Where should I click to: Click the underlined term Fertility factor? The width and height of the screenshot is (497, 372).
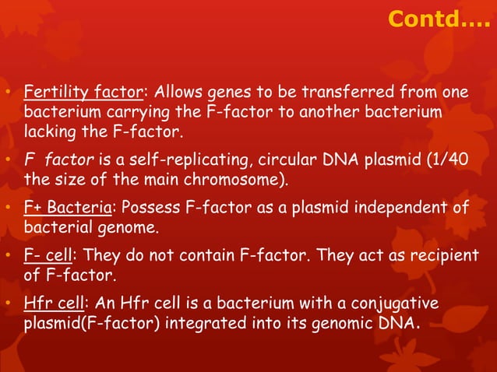tap(83, 94)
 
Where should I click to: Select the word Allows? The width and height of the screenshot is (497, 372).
tap(178, 94)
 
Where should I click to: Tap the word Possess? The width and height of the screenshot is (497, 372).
tap(143, 208)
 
